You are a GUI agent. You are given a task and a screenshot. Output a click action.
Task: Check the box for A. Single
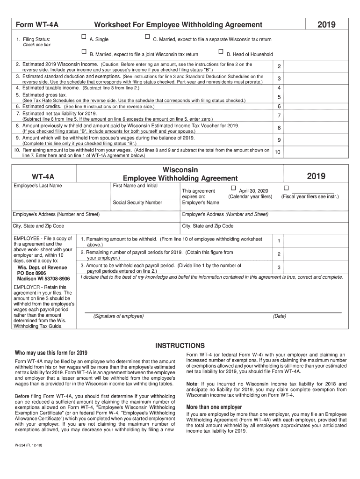84,36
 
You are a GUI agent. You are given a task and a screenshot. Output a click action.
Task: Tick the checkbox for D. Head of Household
221,51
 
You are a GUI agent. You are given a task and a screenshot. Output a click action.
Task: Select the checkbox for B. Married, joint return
84,51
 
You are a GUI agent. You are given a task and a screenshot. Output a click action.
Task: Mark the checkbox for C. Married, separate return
147,36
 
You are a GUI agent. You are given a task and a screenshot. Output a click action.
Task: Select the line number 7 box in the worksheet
279,116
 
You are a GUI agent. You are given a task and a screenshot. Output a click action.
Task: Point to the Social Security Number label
137,203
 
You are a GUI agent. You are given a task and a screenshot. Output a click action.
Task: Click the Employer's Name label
201,203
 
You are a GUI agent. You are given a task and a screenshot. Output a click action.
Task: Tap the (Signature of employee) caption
118,316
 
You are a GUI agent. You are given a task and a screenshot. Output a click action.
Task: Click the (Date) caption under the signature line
280,316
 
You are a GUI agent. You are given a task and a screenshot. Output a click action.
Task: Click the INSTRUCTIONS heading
180,345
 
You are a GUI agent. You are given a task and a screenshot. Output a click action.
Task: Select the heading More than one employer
214,407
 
